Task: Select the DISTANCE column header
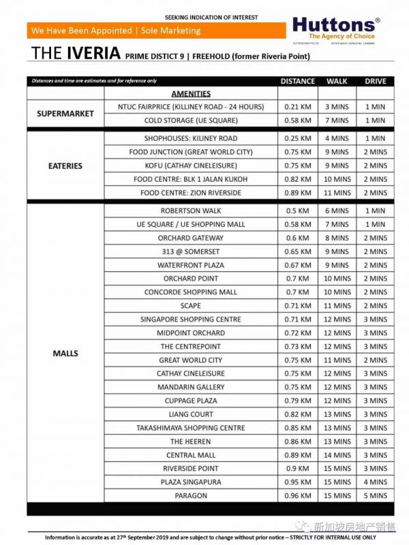tap(298, 81)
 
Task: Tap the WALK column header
tap(337, 81)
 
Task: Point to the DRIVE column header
tap(375, 81)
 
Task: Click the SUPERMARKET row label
tap(64, 114)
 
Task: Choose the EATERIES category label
tap(64, 166)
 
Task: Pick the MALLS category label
tap(64, 353)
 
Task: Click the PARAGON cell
tap(191, 495)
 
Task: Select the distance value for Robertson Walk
tap(298, 211)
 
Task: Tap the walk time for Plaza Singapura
tap(337, 482)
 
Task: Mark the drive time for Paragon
tap(375, 495)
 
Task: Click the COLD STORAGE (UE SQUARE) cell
tap(191, 121)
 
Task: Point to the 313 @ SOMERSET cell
tap(191, 251)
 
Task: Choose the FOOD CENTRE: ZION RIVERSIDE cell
tap(191, 193)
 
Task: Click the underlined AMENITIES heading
tap(191, 93)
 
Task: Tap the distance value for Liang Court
tap(298, 414)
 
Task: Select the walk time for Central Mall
tap(337, 455)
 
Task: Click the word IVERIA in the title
tap(95, 54)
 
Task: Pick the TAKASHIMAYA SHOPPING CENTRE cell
tap(191, 428)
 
